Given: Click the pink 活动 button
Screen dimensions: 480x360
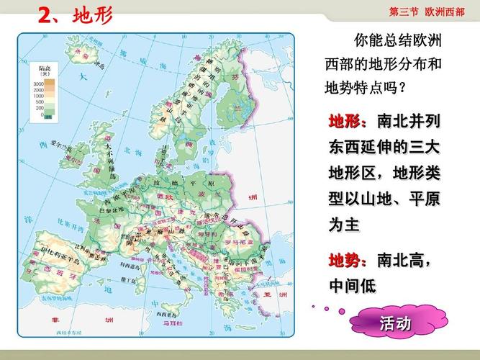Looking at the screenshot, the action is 395,324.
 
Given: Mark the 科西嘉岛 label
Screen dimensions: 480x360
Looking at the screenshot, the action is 130,266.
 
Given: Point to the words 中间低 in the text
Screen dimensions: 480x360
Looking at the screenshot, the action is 353,286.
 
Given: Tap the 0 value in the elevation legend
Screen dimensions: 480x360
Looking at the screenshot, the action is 41,114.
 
